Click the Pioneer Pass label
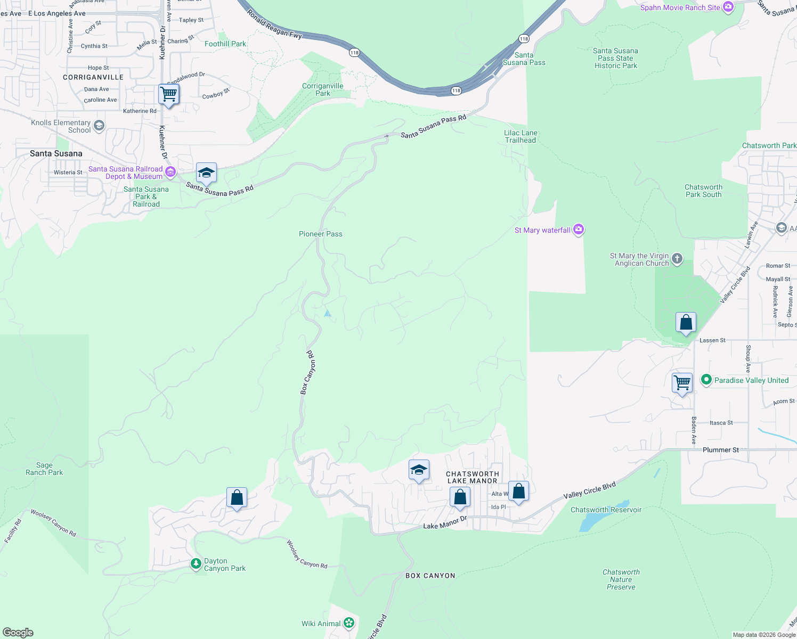pos(321,234)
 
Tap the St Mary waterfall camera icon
pos(579,230)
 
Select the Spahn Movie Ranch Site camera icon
pos(728,7)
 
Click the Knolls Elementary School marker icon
pos(99,126)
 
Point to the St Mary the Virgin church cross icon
pos(677,259)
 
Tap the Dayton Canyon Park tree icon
pos(196,563)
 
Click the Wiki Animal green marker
pos(349,622)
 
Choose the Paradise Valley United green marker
pos(706,380)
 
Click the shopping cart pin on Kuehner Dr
pos(169,95)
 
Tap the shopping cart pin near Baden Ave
pos(682,382)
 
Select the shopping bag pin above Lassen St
pos(686,323)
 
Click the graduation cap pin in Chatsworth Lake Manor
pos(419,470)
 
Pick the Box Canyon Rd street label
pos(308,373)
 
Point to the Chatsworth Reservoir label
pos(606,510)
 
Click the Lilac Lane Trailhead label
pos(521,136)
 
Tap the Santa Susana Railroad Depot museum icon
pos(170,171)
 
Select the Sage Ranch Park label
pos(44,469)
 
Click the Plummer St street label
pos(720,450)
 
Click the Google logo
pos(18,633)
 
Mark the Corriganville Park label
pos(322,89)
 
